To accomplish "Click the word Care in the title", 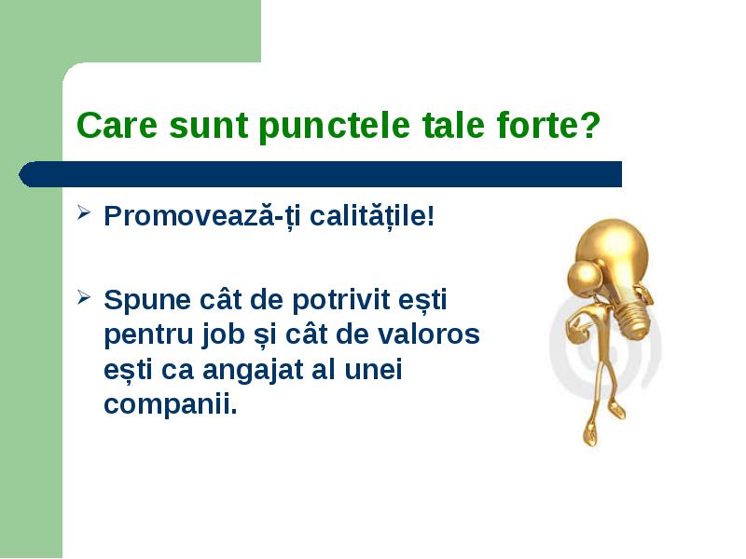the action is click(117, 125).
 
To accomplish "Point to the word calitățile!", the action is click(372, 216).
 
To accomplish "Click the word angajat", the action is click(253, 370).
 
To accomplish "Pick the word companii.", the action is click(171, 405).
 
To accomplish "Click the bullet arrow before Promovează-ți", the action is click(83, 212).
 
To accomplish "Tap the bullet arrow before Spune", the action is click(83, 297).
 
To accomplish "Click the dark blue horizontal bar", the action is click(320, 174).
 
